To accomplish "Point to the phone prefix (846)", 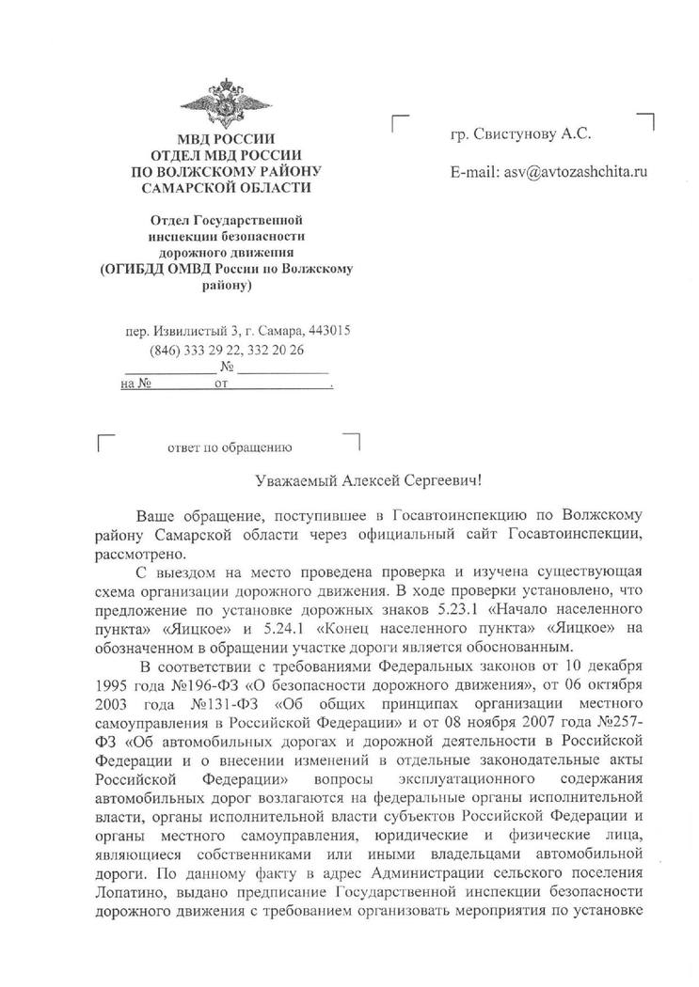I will (166, 350).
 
